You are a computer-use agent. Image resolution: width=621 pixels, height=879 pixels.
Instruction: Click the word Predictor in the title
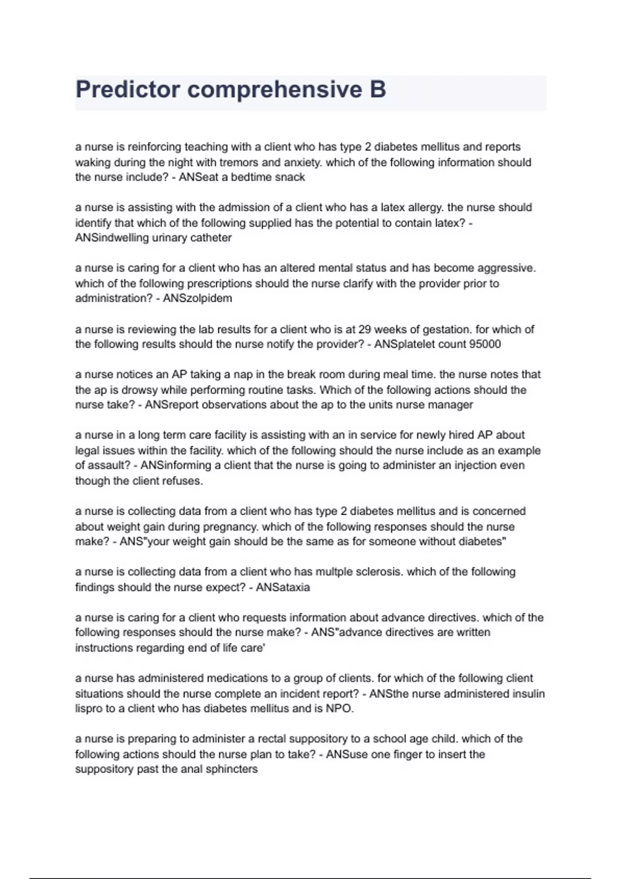click(x=127, y=89)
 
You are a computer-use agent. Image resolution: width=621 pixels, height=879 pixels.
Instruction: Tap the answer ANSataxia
click(x=283, y=587)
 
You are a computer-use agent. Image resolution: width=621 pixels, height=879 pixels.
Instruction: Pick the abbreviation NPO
click(x=339, y=708)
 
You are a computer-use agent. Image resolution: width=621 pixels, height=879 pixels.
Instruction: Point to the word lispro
click(x=88, y=708)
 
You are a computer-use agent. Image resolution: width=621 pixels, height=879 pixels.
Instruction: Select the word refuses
click(x=182, y=481)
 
